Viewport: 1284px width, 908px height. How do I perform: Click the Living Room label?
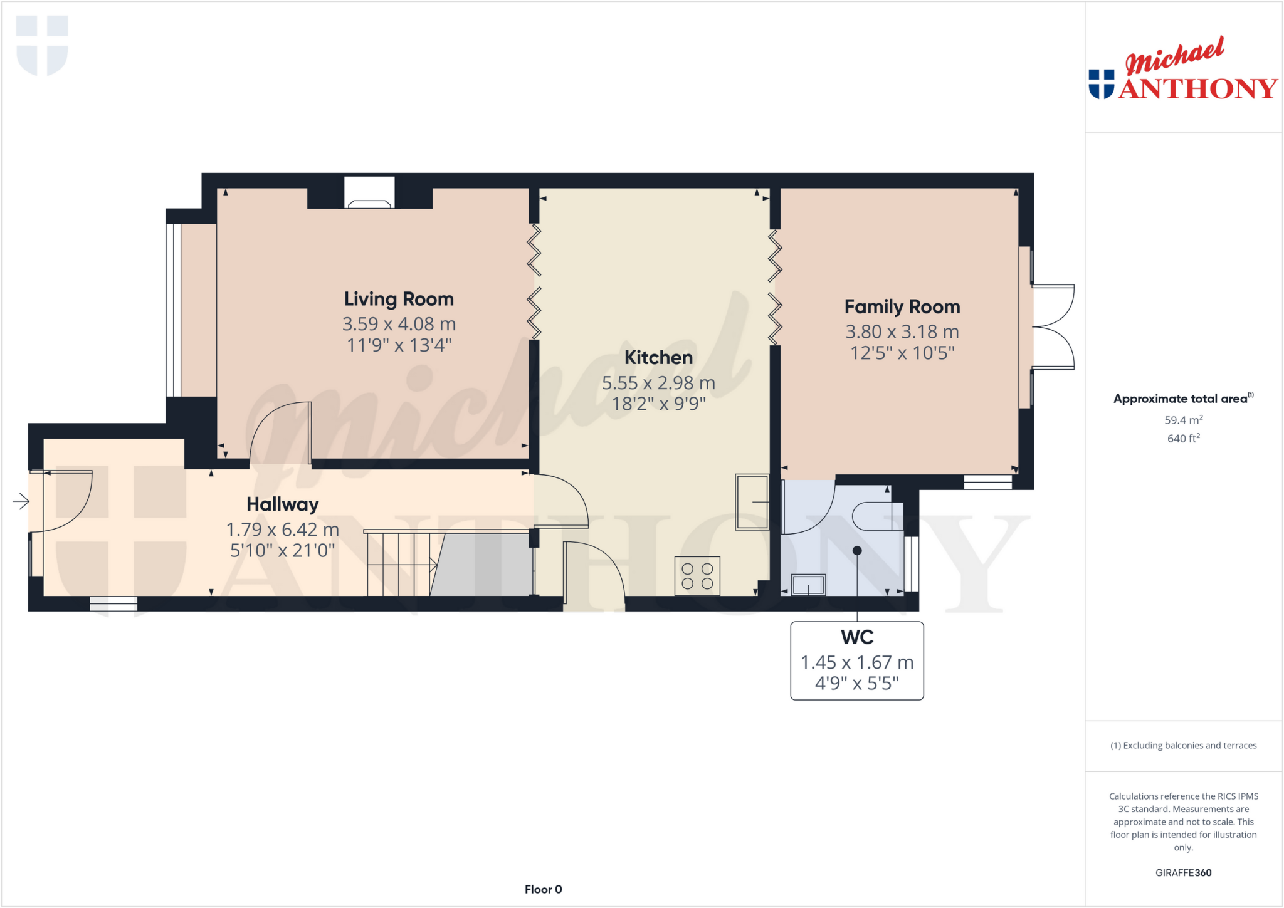pyautogui.click(x=399, y=299)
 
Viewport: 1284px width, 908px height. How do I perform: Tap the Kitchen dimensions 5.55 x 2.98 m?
pyautogui.click(x=658, y=383)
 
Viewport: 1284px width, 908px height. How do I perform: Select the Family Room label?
pyautogui.click(x=902, y=306)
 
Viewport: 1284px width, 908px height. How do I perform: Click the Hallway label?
pyautogui.click(x=282, y=504)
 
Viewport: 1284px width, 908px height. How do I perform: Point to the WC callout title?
pyautogui.click(x=856, y=637)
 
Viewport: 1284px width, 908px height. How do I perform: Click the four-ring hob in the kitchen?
pyautogui.click(x=697, y=576)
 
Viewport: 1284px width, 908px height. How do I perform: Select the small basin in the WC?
pyautogui.click(x=808, y=585)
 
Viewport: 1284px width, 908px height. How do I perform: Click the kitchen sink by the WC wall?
pyautogui.click(x=752, y=502)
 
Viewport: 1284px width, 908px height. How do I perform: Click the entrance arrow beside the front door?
pyautogui.click(x=21, y=501)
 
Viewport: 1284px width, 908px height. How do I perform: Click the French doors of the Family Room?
pyautogui.click(x=1053, y=326)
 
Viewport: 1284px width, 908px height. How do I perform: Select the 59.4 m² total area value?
pyautogui.click(x=1183, y=420)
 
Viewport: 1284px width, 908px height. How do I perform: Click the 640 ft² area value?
pyautogui.click(x=1183, y=438)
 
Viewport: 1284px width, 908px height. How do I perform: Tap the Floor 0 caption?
pyautogui.click(x=543, y=889)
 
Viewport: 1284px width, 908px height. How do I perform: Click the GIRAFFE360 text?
pyautogui.click(x=1183, y=872)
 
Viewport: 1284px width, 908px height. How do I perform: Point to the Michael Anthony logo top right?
pyautogui.click(x=1182, y=69)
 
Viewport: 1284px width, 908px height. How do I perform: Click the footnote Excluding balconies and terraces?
pyautogui.click(x=1183, y=745)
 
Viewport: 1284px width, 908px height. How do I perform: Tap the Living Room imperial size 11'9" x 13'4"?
pyautogui.click(x=399, y=345)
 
